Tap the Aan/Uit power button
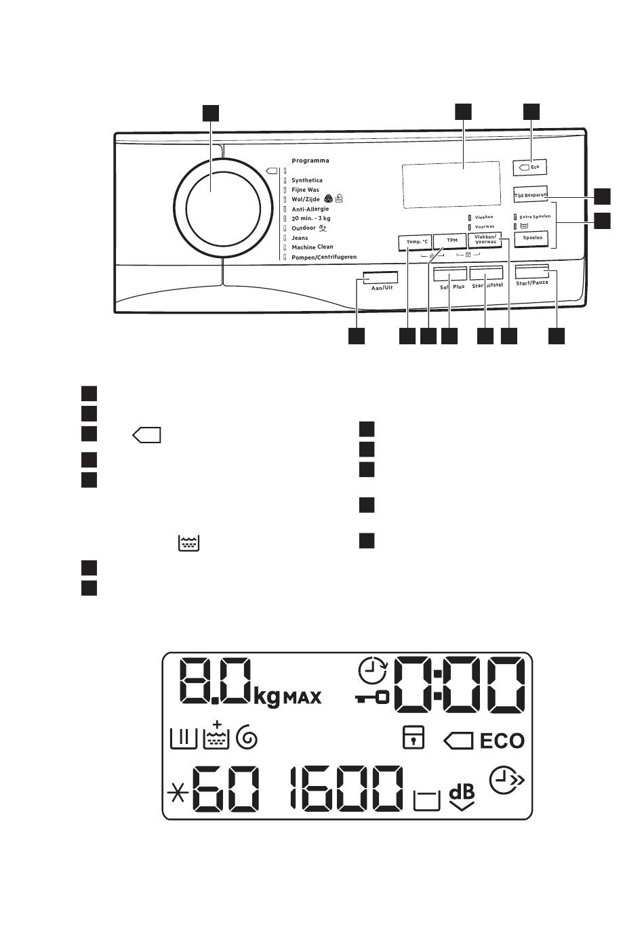(380, 278)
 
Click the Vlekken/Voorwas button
(485, 240)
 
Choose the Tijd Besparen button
(529, 194)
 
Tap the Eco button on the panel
(530, 167)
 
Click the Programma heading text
(310, 161)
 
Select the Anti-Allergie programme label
(310, 209)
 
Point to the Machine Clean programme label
(312, 247)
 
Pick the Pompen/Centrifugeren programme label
(323, 257)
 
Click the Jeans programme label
(300, 238)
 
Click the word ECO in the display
(502, 741)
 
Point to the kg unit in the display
(267, 697)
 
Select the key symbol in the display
(373, 697)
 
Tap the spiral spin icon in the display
(246, 738)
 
